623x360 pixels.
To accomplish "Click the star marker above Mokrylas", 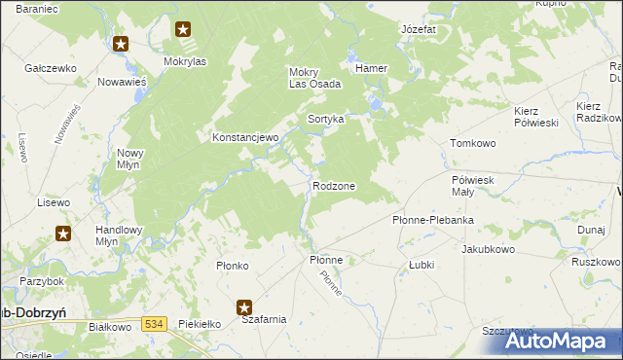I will pyautogui.click(x=183, y=29).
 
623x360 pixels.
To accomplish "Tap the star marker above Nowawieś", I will pyautogui.click(x=121, y=44).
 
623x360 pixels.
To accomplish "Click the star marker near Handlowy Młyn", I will pyautogui.click(x=63, y=234).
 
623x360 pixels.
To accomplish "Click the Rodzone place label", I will pyautogui.click(x=333, y=186).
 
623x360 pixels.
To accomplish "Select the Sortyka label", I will pyautogui.click(x=326, y=119).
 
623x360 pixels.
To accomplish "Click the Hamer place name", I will pyautogui.click(x=372, y=69).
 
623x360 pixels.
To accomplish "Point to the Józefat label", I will pyautogui.click(x=419, y=30).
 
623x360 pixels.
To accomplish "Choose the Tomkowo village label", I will pyautogui.click(x=473, y=143).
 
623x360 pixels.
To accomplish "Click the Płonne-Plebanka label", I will pyautogui.click(x=432, y=220).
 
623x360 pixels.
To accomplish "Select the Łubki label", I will pyautogui.click(x=421, y=264).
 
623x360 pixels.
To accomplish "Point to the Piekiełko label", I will pyautogui.click(x=202, y=323).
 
